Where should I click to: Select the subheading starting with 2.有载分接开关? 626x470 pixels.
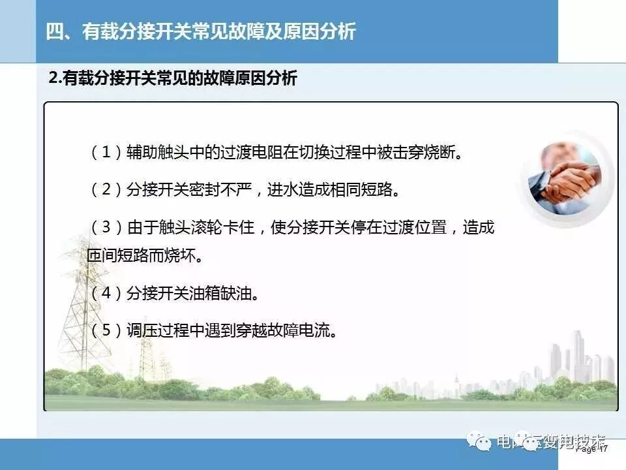click(x=173, y=79)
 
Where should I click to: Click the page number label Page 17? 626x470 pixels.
click(x=593, y=449)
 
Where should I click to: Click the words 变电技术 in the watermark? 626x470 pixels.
click(x=574, y=441)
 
